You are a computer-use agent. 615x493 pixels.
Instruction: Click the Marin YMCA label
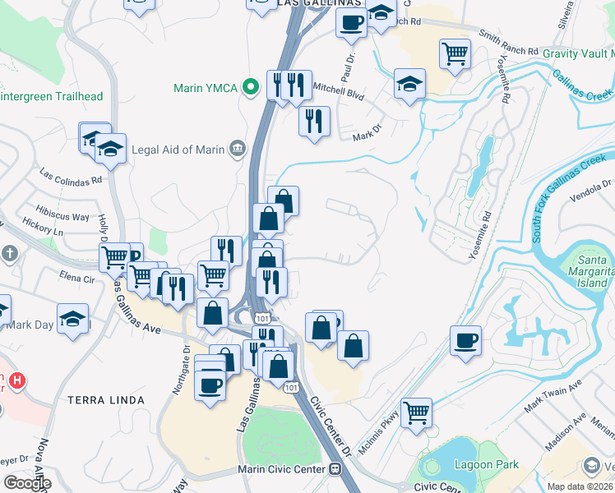[x=206, y=88]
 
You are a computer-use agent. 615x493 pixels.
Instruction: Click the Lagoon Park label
[x=487, y=464]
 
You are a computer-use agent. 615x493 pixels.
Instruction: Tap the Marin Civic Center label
[x=278, y=469]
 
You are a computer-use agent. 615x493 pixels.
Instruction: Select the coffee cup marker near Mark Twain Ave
[x=466, y=340]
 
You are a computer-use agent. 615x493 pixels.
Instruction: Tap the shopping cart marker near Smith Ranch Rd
[x=455, y=53]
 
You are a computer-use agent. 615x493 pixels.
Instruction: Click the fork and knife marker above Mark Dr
[x=313, y=121]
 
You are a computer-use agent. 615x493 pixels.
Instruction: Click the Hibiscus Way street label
[x=63, y=217]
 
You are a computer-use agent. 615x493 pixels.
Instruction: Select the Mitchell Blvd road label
[x=339, y=94]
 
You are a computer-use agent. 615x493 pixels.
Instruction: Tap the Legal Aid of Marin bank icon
[x=238, y=149]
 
